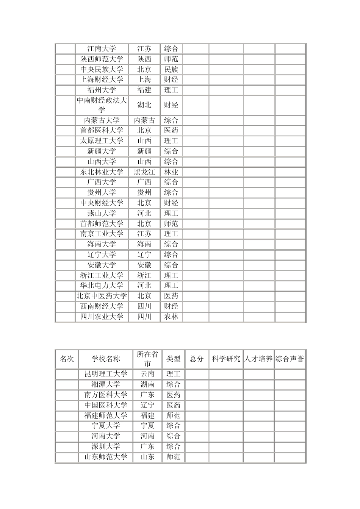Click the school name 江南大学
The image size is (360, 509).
102,49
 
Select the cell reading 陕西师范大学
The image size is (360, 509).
102,59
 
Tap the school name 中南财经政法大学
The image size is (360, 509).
102,105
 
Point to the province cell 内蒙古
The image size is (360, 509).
144,120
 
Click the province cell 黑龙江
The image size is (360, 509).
144,172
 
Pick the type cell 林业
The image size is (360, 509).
171,172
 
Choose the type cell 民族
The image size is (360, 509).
171,69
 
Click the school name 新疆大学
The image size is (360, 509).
102,151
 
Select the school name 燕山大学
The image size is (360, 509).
102,213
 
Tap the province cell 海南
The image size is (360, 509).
144,244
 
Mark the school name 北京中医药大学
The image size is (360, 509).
102,296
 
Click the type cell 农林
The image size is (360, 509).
171,317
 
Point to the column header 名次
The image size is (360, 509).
67,359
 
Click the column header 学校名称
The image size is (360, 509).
105,359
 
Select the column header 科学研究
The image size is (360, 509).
226,359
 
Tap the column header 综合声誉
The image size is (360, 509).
290,359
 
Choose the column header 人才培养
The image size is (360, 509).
258,359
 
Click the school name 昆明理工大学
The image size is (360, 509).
105,374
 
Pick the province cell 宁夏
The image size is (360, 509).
147,426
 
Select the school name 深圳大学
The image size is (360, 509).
105,447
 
